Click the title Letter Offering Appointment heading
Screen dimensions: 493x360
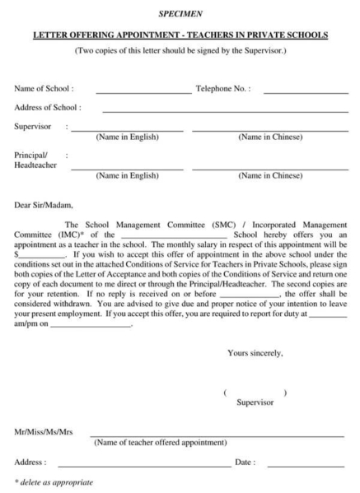tap(180, 35)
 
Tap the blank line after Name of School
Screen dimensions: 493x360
tap(143, 90)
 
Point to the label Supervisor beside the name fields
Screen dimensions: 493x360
tap(32, 127)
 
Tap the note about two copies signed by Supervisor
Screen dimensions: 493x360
tap(180, 52)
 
